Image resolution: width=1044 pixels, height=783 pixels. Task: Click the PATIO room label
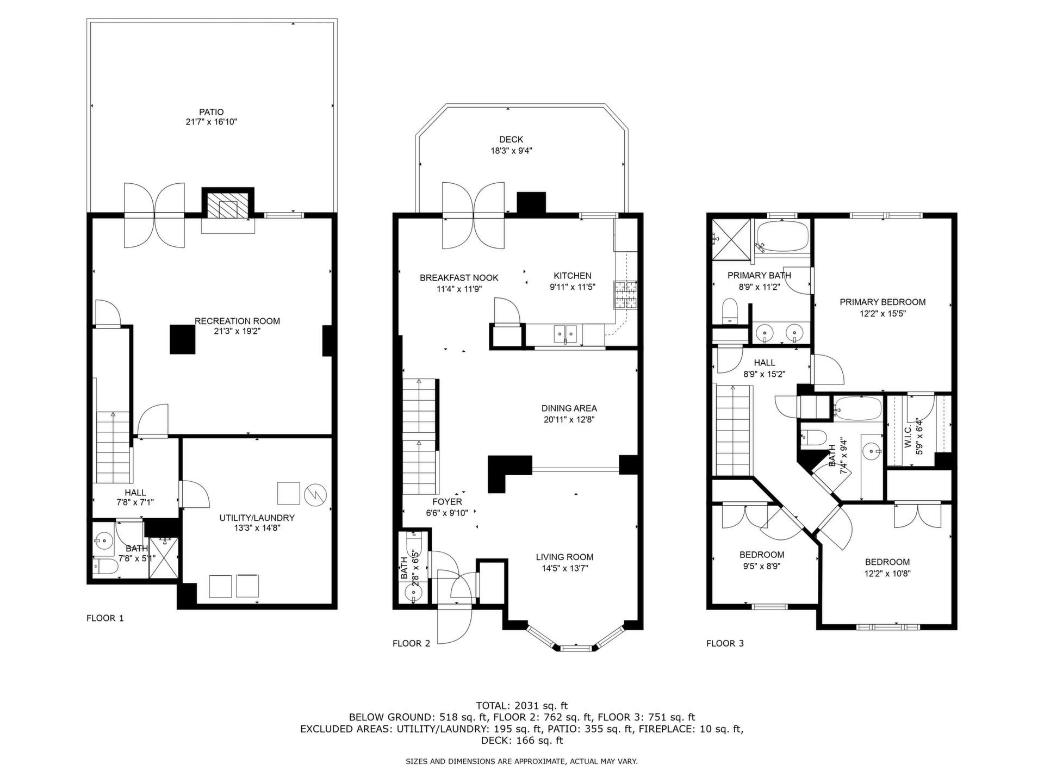[211, 112]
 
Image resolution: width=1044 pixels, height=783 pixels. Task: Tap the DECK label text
[511, 140]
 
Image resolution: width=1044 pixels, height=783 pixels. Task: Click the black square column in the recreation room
[182, 340]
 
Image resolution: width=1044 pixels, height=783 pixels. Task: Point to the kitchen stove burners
[625, 295]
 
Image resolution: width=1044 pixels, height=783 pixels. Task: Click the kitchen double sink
[565, 333]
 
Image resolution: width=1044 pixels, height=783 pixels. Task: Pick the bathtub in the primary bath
[782, 236]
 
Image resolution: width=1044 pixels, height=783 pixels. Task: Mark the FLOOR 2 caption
[411, 643]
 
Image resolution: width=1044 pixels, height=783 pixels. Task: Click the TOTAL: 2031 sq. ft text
[521, 706]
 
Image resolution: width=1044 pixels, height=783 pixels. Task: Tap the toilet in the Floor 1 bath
[105, 568]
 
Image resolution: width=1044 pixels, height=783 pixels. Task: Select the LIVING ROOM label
[564, 557]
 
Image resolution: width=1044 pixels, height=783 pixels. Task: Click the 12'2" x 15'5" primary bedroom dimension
[883, 313]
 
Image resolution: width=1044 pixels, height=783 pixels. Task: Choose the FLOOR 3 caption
[725, 643]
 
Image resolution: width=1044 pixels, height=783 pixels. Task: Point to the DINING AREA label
[569, 408]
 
